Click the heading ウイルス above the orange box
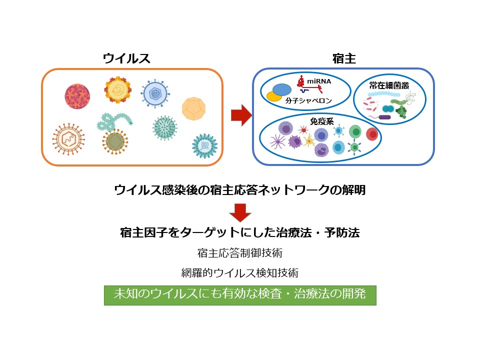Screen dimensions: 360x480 pyautogui.click(x=126, y=58)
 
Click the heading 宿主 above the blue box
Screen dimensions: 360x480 pyautogui.click(x=344, y=58)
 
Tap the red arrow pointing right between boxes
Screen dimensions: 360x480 pyautogui.click(x=240, y=115)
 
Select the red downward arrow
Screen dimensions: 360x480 pyautogui.click(x=239, y=212)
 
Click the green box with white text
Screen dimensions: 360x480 pyautogui.click(x=239, y=295)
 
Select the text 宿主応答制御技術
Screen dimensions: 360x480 pyautogui.click(x=239, y=253)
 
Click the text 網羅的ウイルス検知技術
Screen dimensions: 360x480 pyautogui.click(x=239, y=273)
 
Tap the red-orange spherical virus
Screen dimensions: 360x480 pyautogui.click(x=77, y=96)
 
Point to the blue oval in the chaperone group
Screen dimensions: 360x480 pyautogui.click(x=282, y=89)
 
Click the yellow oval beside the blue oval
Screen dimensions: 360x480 pyautogui.click(x=273, y=96)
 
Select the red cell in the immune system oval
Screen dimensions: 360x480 pyautogui.click(x=371, y=134)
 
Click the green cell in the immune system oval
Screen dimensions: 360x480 pyautogui.click(x=355, y=132)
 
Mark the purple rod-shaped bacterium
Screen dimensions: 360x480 pyautogui.click(x=384, y=117)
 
